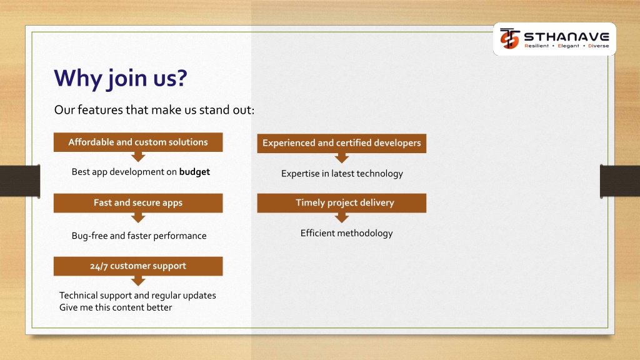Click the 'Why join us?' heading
121,78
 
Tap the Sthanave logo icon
510,38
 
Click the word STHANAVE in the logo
566,37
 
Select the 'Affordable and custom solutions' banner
138,142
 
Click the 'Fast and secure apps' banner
138,203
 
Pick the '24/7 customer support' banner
138,266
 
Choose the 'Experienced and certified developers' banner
342,143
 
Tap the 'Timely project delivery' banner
342,203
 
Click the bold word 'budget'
194,172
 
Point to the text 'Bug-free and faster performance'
139,236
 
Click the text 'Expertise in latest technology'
342,174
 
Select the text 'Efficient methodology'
346,234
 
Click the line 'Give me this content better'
116,307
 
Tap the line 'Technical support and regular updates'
137,296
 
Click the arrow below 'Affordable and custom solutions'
138,157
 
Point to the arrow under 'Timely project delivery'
342,218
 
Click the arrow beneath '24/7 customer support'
138,281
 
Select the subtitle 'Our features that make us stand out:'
154,110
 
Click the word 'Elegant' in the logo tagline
568,46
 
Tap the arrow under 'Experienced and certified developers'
342,158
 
